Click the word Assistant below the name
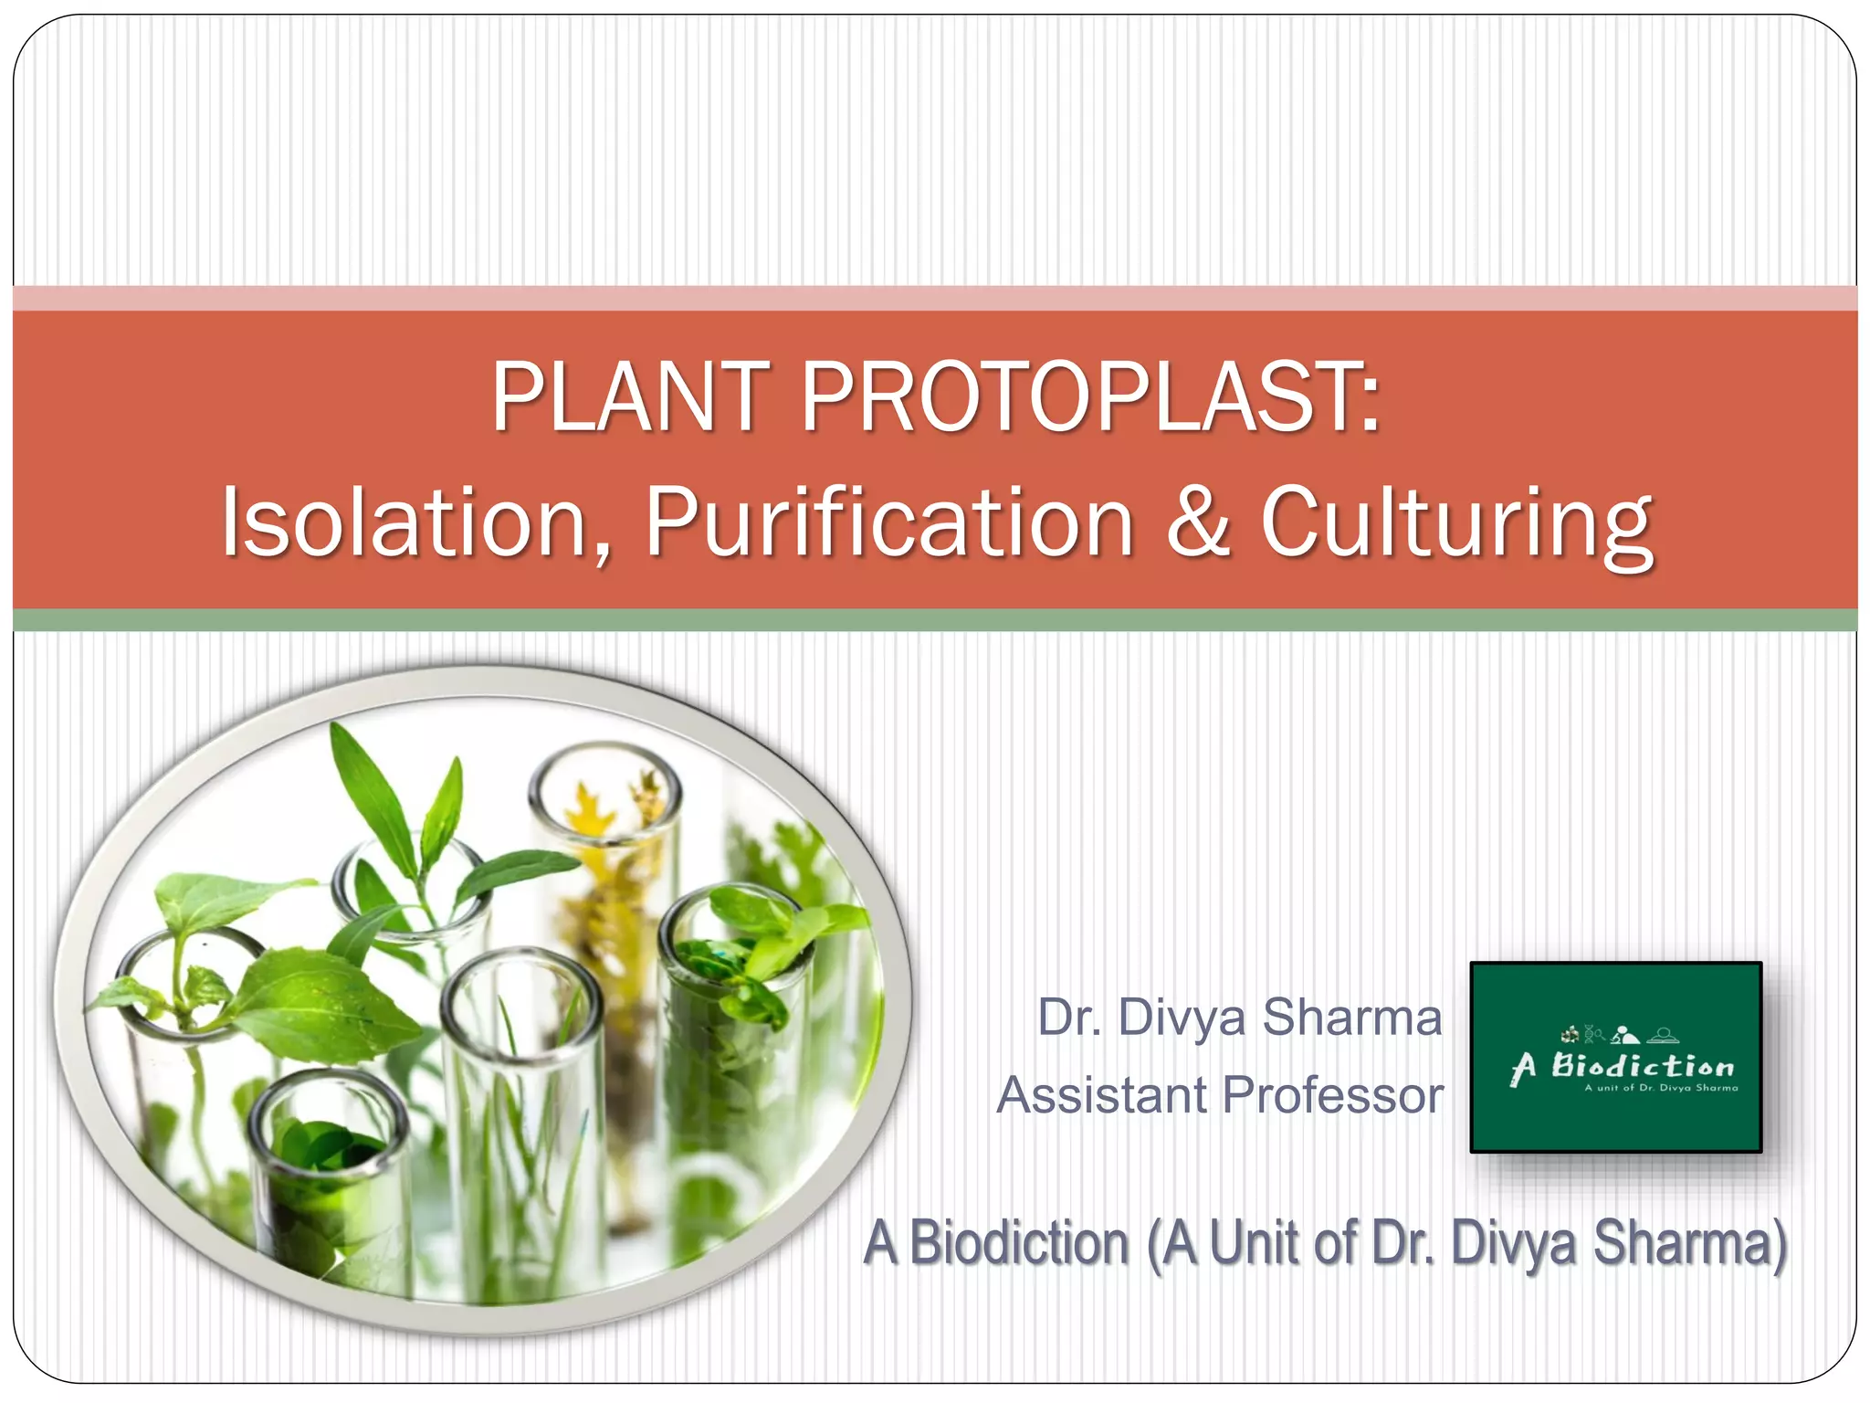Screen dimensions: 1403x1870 [x=1102, y=1095]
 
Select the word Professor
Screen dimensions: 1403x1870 [x=1333, y=1095]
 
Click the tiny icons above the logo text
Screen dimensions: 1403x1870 [x=1620, y=1035]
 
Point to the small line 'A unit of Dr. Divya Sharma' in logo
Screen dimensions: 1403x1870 [x=1661, y=1088]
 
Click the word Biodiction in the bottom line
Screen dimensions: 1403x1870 [x=1019, y=1243]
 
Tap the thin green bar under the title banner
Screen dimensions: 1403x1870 [x=935, y=620]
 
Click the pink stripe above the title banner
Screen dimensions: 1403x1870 [x=935, y=298]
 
